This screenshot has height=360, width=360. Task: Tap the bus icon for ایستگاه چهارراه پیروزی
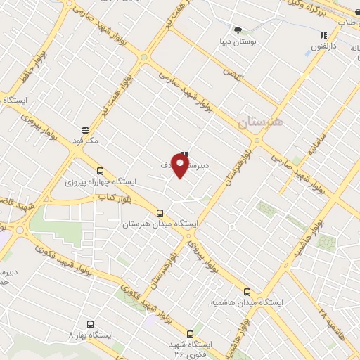(x=99, y=170)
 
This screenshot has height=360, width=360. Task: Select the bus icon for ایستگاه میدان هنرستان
(x=160, y=212)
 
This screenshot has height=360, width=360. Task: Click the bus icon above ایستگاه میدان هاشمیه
(x=247, y=291)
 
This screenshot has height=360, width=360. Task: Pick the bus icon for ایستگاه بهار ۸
(x=90, y=324)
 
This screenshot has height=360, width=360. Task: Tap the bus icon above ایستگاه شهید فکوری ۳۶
(x=190, y=334)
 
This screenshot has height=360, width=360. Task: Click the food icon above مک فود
(x=85, y=129)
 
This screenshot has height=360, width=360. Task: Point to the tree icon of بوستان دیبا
(x=238, y=30)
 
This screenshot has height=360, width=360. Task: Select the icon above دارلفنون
(x=323, y=34)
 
